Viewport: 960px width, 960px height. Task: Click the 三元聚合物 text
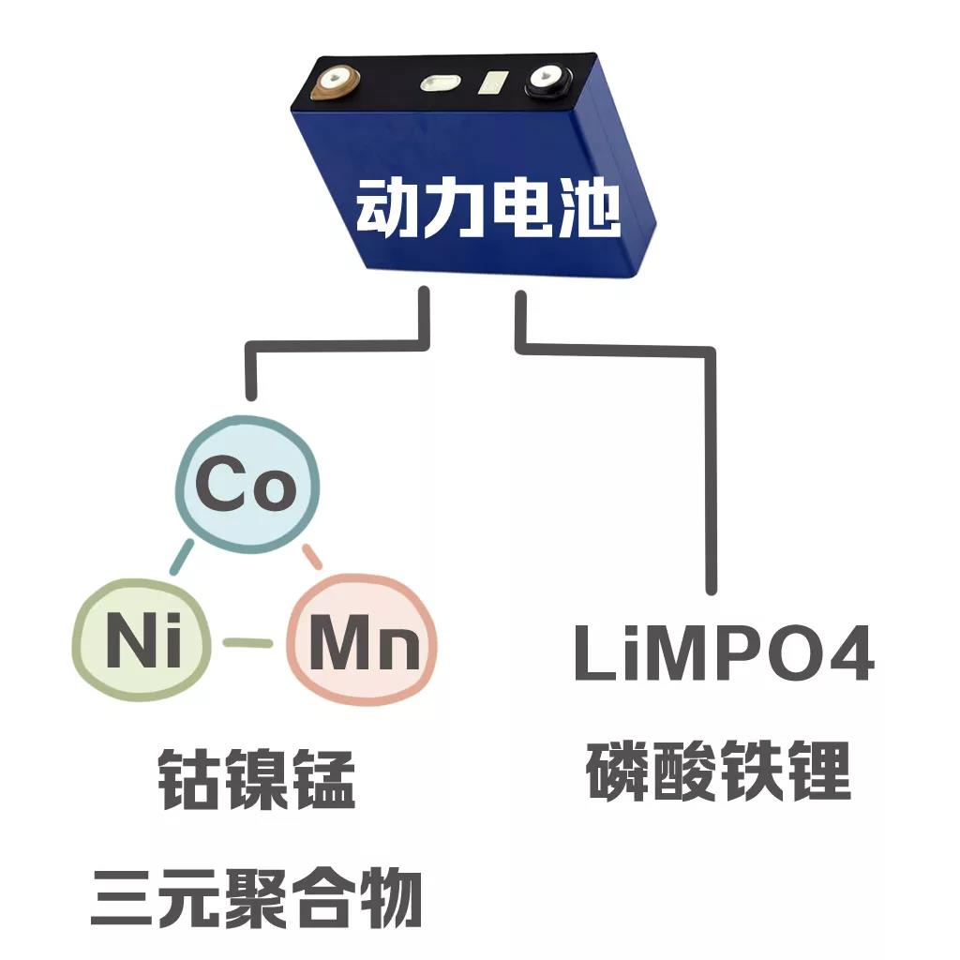tap(255, 897)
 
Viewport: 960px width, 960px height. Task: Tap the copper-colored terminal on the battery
tap(335, 82)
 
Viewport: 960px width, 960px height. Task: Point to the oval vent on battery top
tap(438, 84)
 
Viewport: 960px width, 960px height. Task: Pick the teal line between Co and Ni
tap(181, 557)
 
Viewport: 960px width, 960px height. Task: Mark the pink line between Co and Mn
tap(313, 557)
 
